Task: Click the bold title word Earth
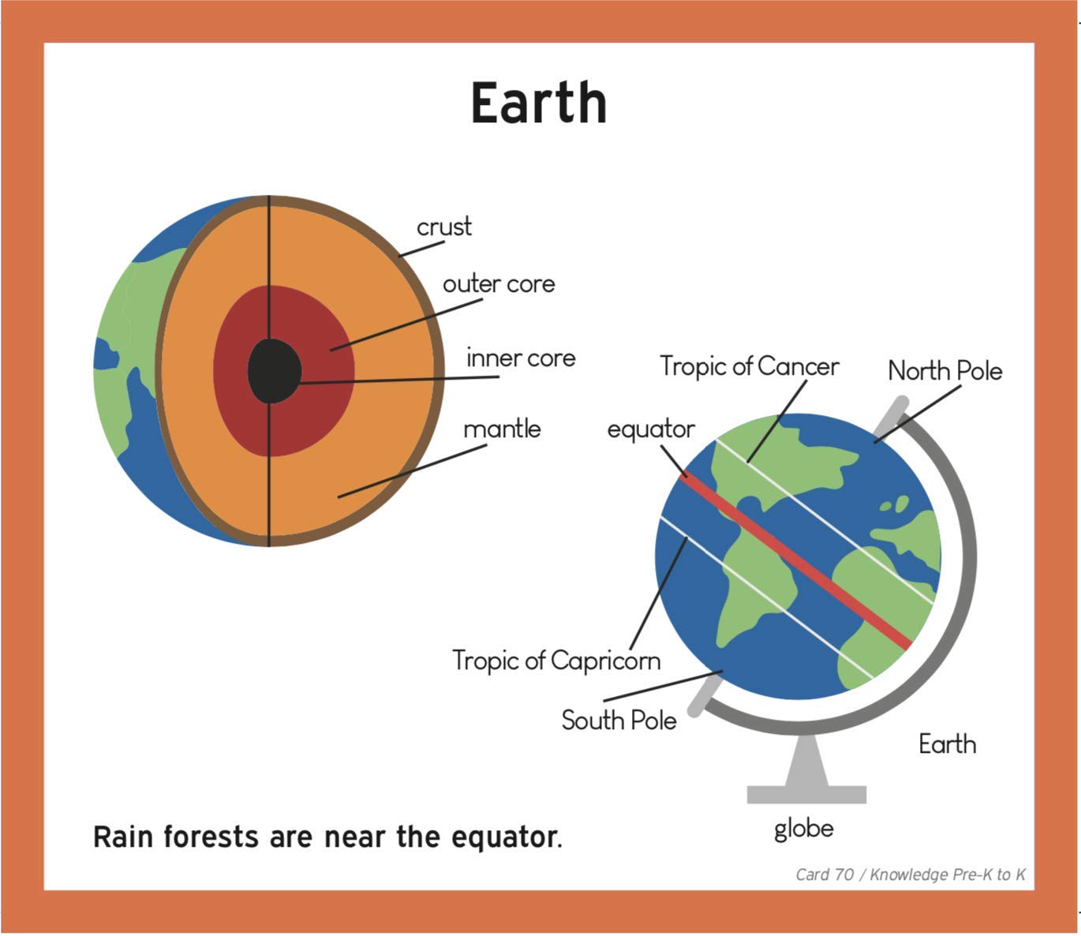click(x=539, y=103)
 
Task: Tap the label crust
click(x=444, y=227)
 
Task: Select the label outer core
click(x=499, y=284)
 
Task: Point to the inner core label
click(x=521, y=358)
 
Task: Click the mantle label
click(x=502, y=429)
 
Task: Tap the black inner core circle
click(x=274, y=370)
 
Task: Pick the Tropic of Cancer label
click(x=750, y=366)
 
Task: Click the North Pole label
click(x=945, y=371)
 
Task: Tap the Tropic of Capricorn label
click(x=556, y=661)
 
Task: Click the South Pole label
click(x=619, y=721)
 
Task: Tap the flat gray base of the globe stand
click(x=806, y=794)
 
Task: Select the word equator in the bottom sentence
click(x=505, y=837)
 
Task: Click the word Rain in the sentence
click(x=123, y=837)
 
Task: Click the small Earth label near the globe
click(x=947, y=744)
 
